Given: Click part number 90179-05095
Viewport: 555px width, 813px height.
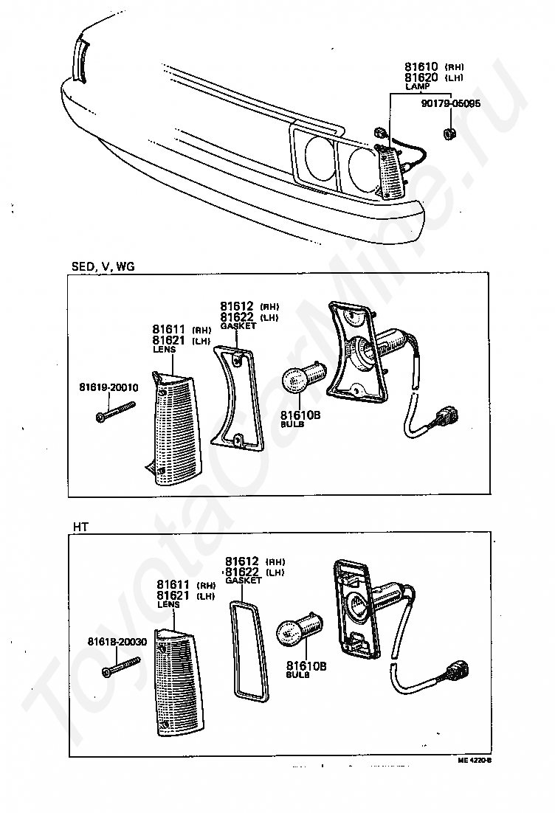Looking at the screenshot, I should coord(450,104).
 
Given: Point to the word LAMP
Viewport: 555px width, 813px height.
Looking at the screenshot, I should coord(417,87).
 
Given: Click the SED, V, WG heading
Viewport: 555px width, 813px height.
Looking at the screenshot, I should coord(103,266).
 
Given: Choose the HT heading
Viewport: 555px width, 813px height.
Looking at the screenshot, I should coord(80,526).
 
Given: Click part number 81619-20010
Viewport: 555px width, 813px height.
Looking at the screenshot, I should coord(108,387).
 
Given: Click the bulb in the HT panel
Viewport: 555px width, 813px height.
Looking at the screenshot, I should coord(297,631).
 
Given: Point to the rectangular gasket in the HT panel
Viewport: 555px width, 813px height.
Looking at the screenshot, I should coord(247,648).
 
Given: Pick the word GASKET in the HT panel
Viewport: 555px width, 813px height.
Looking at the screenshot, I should coord(244,581).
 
